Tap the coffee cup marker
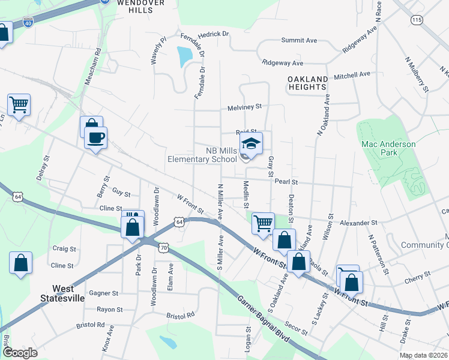tap(95, 138)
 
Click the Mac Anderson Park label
tap(388, 148)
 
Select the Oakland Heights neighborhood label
tap(308, 83)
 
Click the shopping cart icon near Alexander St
tap(263, 223)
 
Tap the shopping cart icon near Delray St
tap(19, 105)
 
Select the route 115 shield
tap(417, 20)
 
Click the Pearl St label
tap(286, 181)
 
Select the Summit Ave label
tap(299, 40)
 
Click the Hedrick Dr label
tap(214, 35)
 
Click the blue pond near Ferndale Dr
tap(185, 56)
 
